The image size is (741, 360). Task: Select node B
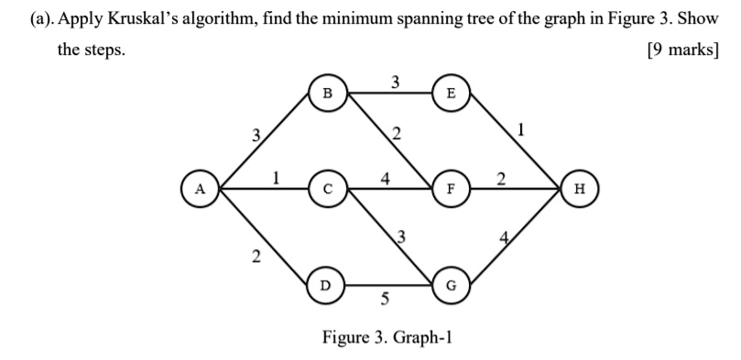pyautogui.click(x=326, y=93)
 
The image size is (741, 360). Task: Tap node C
pyautogui.click(x=326, y=189)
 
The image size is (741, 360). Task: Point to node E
pyautogui.click(x=450, y=93)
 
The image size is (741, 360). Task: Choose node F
pyautogui.click(x=450, y=189)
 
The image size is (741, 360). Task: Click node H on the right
pyautogui.click(x=578, y=189)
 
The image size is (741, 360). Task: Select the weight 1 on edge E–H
pyautogui.click(x=521, y=129)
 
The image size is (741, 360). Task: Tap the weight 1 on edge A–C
pyautogui.click(x=276, y=178)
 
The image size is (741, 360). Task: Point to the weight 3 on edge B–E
pyautogui.click(x=395, y=82)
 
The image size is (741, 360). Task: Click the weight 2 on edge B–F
pyautogui.click(x=395, y=136)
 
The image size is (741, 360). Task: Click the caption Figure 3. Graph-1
pyautogui.click(x=387, y=337)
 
